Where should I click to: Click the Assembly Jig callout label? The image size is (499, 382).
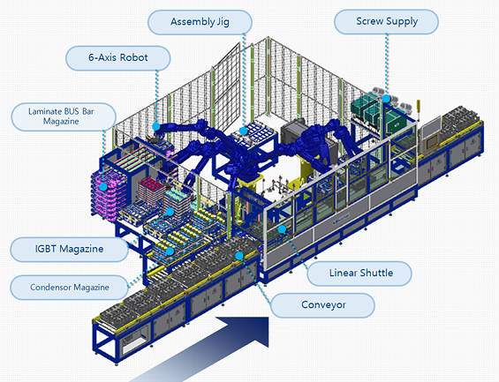click(200, 22)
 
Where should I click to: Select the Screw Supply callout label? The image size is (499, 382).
click(386, 21)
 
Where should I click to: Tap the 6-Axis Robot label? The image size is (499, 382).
click(118, 58)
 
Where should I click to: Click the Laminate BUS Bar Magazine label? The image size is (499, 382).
click(64, 116)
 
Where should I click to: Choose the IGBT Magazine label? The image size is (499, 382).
click(70, 249)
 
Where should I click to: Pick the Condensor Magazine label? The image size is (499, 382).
click(70, 288)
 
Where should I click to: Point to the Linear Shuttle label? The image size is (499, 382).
click(359, 273)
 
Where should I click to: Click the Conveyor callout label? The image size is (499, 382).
click(322, 305)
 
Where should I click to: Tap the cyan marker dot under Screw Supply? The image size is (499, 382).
click(386, 99)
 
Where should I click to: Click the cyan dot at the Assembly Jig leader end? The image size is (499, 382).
click(243, 131)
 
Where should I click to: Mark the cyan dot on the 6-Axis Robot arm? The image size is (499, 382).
click(156, 126)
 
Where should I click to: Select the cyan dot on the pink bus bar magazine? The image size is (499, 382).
click(103, 187)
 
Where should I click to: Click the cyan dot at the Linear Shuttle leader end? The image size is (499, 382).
click(282, 229)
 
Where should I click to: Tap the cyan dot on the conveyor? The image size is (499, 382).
click(239, 256)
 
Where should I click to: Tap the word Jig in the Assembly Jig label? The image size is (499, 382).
click(223, 22)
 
